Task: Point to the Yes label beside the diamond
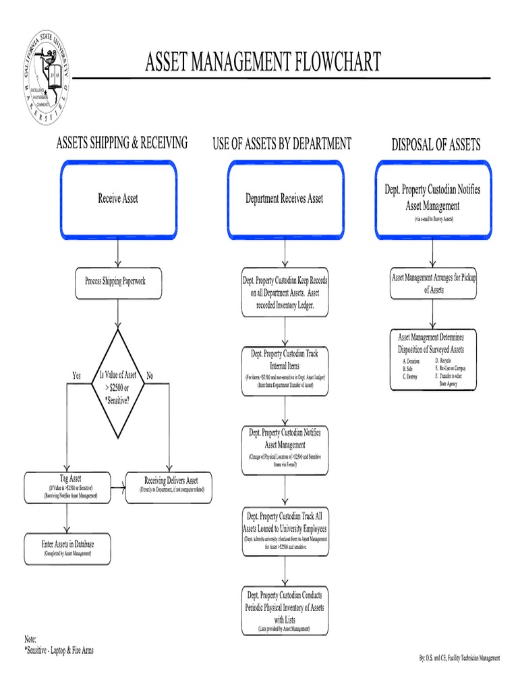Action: coord(77,375)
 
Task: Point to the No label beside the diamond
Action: coord(150,375)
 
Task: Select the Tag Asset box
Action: coord(67,487)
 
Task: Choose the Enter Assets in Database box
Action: coord(67,548)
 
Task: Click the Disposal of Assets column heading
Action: coord(436,144)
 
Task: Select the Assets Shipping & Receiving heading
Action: coord(121,143)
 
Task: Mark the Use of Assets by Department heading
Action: coord(282,143)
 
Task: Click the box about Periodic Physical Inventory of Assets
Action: coord(285,610)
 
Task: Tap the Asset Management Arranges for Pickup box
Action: coord(434,283)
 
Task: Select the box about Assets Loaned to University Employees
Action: coord(285,532)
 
